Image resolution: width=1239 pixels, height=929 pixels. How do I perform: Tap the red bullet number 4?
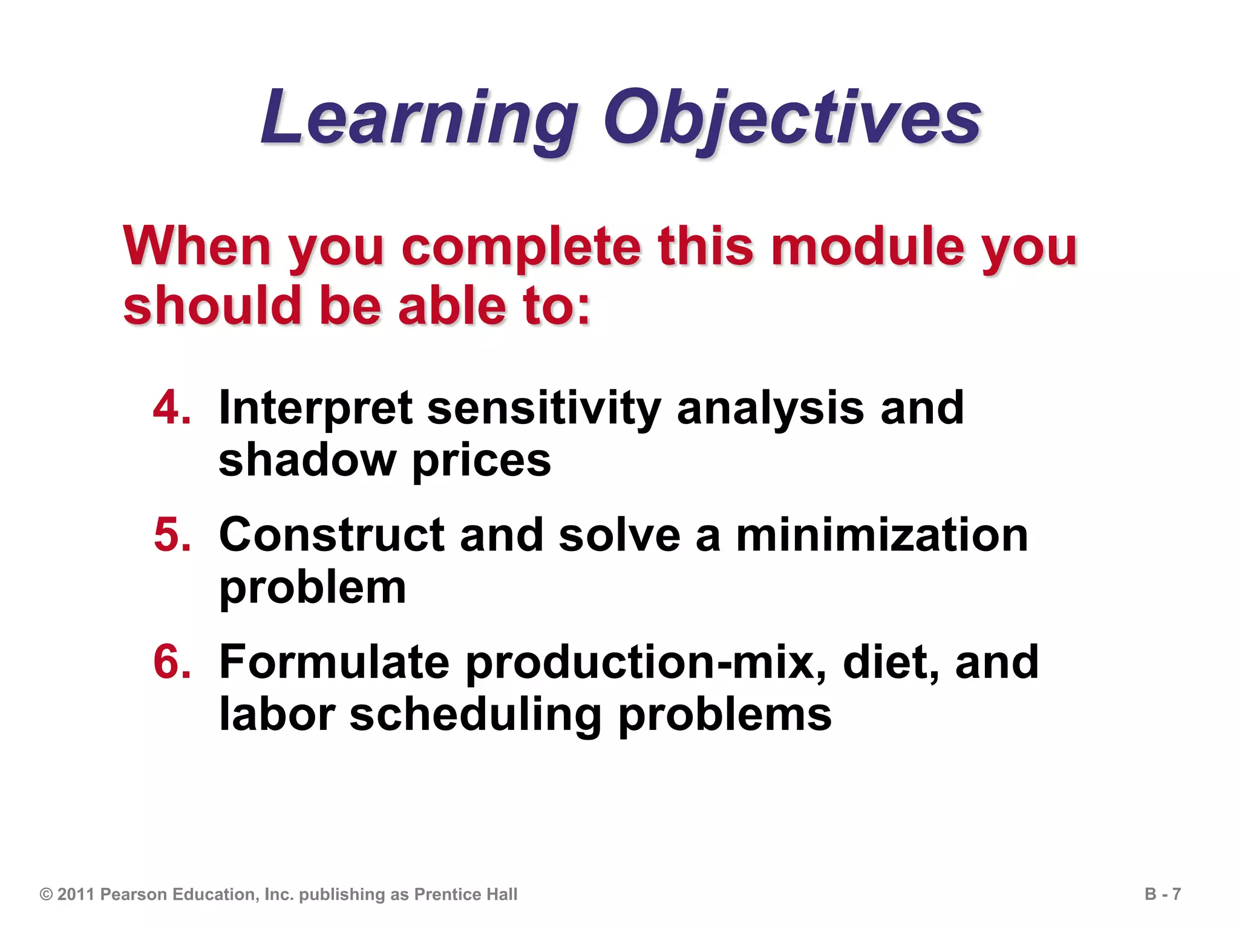point(172,408)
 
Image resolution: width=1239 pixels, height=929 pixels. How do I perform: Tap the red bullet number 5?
point(172,535)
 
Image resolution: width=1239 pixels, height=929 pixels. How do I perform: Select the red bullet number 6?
point(172,662)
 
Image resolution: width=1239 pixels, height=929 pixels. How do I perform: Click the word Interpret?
point(315,409)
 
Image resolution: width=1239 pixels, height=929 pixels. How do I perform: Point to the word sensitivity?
point(544,409)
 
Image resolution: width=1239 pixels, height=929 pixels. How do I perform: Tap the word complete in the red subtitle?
point(520,248)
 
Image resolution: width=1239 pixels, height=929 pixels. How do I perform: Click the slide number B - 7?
point(1162,894)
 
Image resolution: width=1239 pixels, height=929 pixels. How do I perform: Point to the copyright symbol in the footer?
point(46,895)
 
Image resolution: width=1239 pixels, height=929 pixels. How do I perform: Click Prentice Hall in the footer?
point(465,895)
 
